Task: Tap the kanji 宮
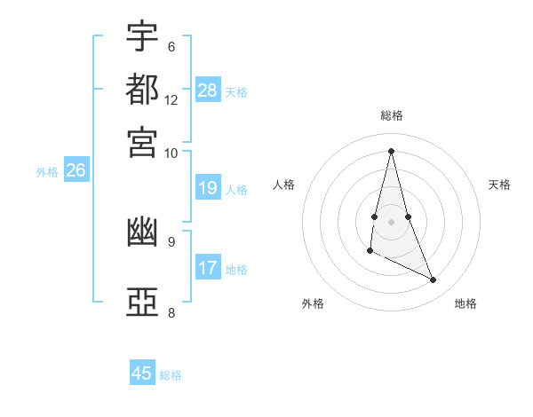(x=142, y=141)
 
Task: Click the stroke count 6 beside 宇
(x=171, y=46)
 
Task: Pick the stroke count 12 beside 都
(x=171, y=99)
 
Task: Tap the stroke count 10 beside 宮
(x=171, y=153)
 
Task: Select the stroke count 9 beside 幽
(x=171, y=240)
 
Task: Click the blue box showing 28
(x=208, y=90)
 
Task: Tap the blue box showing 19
(x=208, y=188)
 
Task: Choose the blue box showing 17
(x=208, y=268)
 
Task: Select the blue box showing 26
(x=76, y=171)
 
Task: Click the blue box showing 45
(x=142, y=374)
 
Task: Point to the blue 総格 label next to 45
(x=171, y=375)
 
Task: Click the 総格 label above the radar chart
(x=391, y=115)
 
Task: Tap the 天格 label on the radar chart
(x=499, y=185)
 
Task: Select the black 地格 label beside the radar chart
(x=465, y=303)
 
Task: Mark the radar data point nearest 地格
(x=434, y=280)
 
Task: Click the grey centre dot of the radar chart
(x=391, y=221)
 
